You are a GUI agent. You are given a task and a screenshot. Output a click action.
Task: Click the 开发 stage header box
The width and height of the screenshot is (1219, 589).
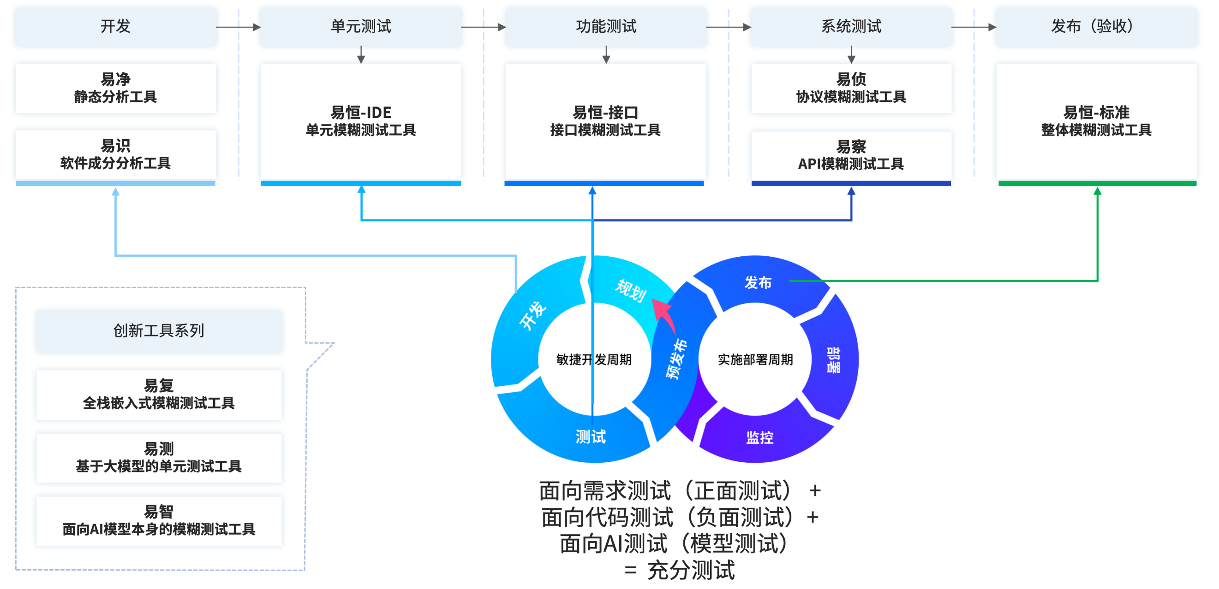pos(115,26)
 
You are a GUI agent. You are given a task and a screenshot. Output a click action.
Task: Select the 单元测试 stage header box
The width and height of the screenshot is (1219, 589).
pos(361,26)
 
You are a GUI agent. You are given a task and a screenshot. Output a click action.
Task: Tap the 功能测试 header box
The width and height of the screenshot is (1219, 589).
pos(606,26)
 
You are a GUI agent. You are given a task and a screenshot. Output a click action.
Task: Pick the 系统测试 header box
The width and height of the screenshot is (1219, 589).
pos(851,26)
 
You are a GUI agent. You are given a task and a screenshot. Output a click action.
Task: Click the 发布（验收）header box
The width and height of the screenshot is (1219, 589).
pos(1096,26)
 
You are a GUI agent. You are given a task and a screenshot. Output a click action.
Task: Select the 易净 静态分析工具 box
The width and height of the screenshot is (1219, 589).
pos(115,88)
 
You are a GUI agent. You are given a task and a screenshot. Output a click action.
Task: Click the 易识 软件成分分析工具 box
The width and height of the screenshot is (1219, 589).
pos(115,154)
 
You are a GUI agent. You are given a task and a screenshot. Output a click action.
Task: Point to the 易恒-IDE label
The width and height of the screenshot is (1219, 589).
pos(361,113)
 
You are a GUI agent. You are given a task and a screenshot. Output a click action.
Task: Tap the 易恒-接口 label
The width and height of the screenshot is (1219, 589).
pos(605,113)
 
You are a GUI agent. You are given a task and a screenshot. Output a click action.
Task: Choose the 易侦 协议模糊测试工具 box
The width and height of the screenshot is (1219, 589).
pos(851,88)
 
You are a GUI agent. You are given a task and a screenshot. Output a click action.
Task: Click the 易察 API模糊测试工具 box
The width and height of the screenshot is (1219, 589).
pos(851,155)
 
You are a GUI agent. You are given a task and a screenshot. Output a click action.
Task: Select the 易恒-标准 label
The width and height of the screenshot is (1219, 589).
pos(1096,113)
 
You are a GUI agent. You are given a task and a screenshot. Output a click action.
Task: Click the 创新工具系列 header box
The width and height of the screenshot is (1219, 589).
pos(159,330)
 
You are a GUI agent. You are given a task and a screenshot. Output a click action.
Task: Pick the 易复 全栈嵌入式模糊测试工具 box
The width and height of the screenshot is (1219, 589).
pos(159,394)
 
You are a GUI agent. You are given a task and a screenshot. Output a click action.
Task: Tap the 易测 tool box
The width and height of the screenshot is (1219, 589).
pos(159,457)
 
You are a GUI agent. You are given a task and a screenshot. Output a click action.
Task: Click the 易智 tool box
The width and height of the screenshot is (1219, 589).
pos(159,520)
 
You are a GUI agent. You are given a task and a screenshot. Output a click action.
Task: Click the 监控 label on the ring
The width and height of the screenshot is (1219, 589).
pos(759,437)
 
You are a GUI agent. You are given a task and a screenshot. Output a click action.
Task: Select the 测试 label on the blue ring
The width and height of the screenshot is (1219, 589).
pos(591,436)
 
